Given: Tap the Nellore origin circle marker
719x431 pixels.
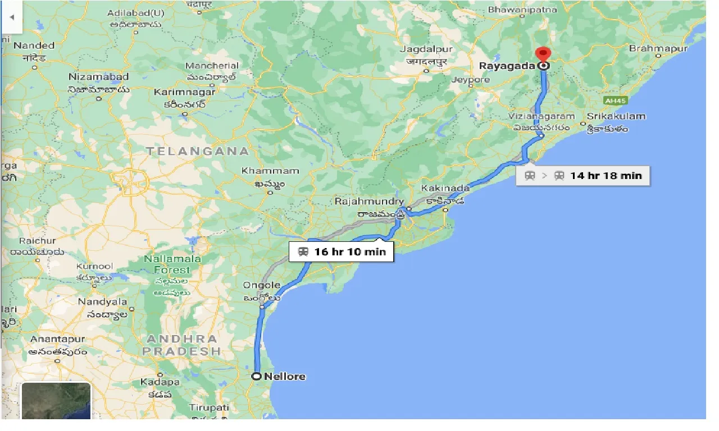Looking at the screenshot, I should click(257, 376).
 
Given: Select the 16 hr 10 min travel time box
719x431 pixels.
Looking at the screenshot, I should click(342, 251).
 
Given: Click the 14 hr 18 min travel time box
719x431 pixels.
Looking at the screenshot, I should click(583, 175).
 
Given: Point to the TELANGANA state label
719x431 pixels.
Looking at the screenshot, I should click(197, 151).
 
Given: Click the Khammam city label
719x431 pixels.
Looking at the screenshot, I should click(270, 171).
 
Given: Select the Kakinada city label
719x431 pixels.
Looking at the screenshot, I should click(444, 188).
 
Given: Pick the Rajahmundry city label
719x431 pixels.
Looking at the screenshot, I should click(369, 201).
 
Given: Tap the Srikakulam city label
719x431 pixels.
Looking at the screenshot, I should click(616, 117).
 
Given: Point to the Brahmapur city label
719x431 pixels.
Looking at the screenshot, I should click(658, 49).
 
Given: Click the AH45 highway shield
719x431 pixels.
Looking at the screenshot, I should click(615, 100).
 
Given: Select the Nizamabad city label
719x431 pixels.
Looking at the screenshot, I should click(98, 77).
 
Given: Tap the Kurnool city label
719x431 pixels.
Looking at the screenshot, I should click(94, 266).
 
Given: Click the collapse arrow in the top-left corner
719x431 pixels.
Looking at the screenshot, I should click(11, 17).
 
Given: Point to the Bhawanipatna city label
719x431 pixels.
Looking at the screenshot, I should click(522, 10).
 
